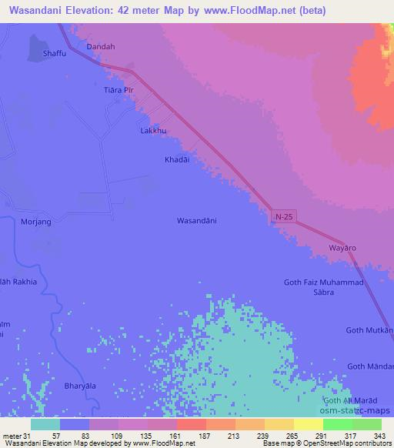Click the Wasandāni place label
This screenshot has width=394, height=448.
pyautogui.click(x=197, y=221)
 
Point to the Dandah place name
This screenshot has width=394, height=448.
pyautogui.click(x=101, y=47)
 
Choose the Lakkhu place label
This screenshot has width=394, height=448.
pyautogui.click(x=153, y=131)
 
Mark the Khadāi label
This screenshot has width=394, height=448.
pyautogui.click(x=176, y=159)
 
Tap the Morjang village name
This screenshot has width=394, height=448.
pyautogui.click(x=35, y=222)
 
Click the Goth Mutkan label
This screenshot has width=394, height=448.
pyautogui.click(x=370, y=330)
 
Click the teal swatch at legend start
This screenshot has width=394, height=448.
pyautogui.click(x=45, y=424)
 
